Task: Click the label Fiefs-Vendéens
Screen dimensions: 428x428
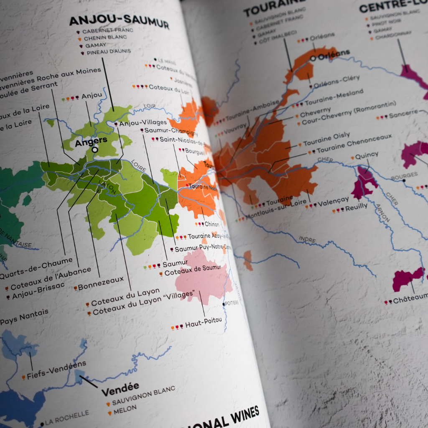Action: click(x=56, y=370)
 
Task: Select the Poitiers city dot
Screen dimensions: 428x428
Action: click(x=224, y=304)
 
